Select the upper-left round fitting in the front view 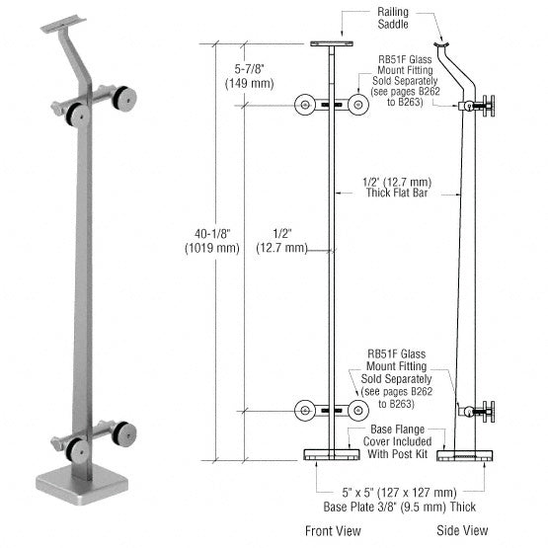pos(306,103)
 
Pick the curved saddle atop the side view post pos(451,43)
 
